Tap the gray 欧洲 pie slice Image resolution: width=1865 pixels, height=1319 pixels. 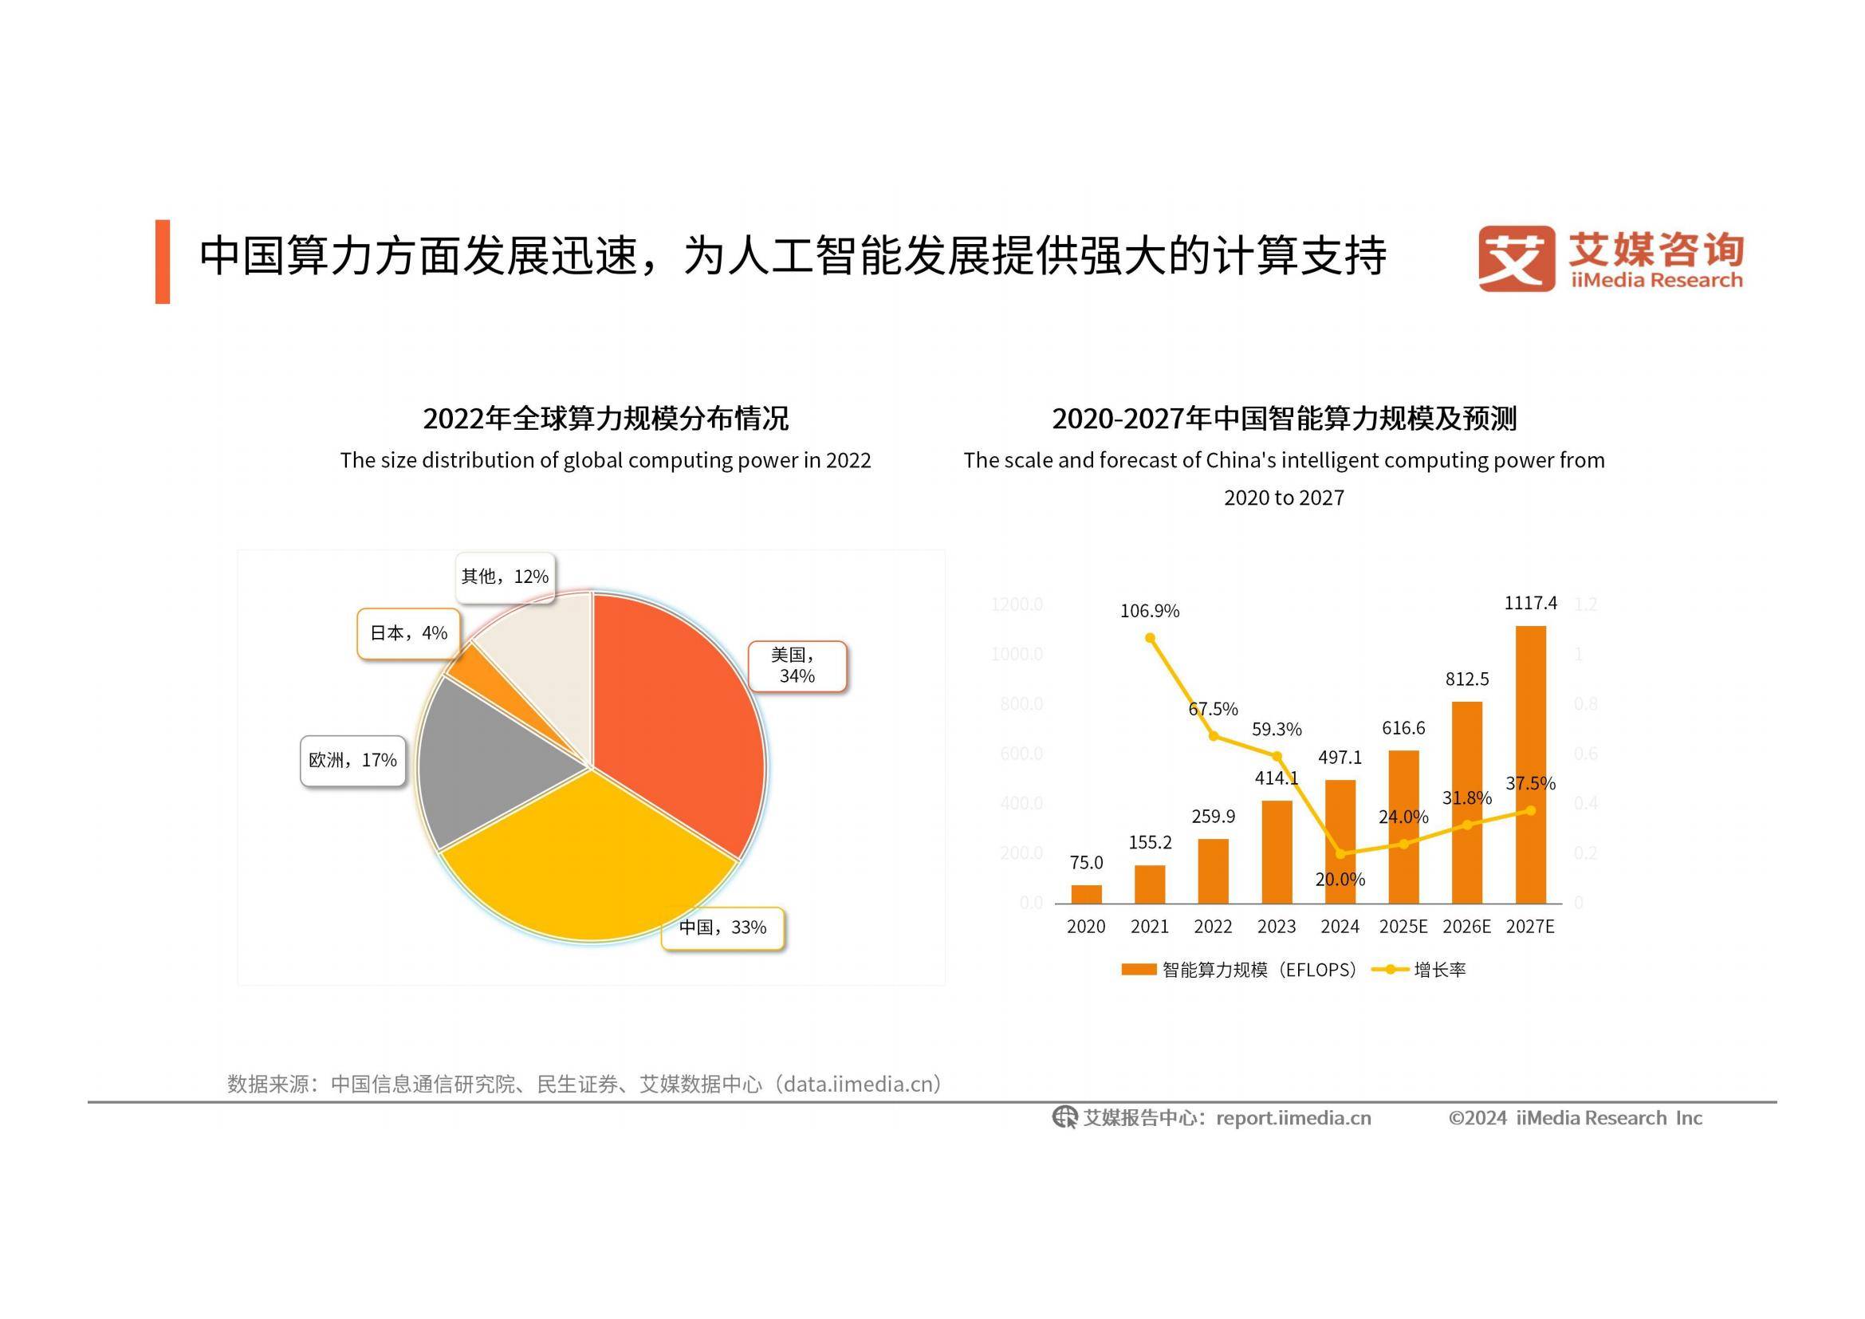[x=487, y=763]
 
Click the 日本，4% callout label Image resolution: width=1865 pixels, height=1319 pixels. [x=408, y=633]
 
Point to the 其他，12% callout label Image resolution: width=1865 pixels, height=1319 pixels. [x=505, y=577]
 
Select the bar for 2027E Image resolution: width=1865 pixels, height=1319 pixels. [x=1530, y=763]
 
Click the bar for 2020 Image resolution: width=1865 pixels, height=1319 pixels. [x=1086, y=893]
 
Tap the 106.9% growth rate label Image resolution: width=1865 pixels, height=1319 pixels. [x=1150, y=611]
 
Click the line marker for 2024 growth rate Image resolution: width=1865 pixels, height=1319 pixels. [x=1340, y=853]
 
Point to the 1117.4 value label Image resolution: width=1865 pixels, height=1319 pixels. [x=1530, y=603]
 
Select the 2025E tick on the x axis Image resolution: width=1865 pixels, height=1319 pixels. [x=1403, y=927]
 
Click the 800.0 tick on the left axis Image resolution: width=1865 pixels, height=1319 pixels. [x=1021, y=703]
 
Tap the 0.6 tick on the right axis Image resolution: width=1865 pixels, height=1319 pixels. [x=1585, y=754]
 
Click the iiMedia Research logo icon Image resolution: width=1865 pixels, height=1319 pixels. [x=1515, y=258]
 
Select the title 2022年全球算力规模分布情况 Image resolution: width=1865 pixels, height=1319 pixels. [x=605, y=419]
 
